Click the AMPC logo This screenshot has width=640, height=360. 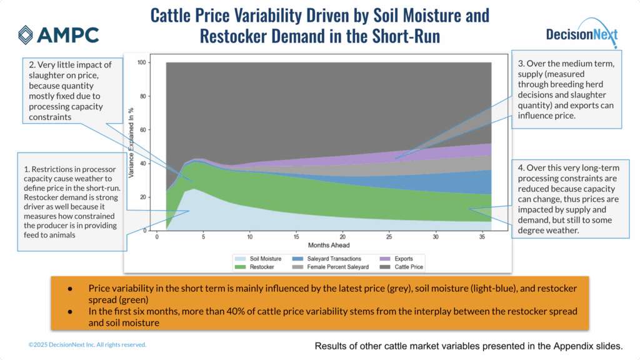point(58,35)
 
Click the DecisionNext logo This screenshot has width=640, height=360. point(581,35)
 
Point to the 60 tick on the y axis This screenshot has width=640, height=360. point(142,130)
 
